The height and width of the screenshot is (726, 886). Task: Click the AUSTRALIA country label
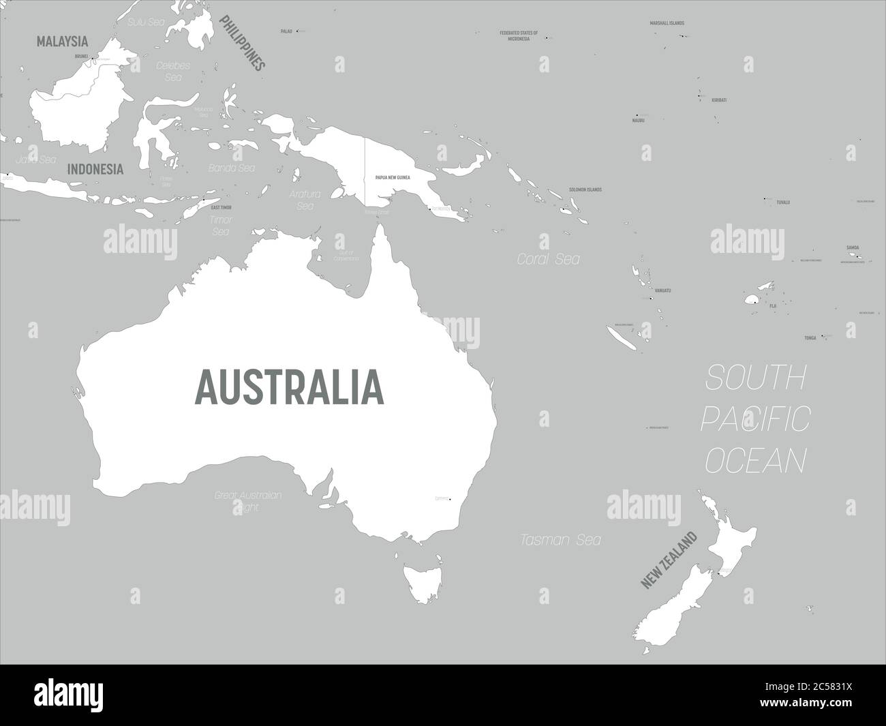pos(290,386)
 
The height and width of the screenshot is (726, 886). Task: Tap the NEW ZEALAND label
pos(669,560)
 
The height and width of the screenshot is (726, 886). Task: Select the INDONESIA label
pos(95,169)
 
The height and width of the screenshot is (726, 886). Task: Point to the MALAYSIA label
pos(63,42)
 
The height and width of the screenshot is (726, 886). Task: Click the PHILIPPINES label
pos(241,44)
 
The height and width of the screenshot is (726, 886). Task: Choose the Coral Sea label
pos(548,259)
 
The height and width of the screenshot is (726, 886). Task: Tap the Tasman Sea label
pos(560,540)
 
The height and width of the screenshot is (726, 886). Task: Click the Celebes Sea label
pos(173,71)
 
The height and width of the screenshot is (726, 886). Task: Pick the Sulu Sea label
pos(147,22)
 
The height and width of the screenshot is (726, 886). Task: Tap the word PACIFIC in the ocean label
pos(755,419)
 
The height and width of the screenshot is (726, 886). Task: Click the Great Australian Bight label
pos(247,501)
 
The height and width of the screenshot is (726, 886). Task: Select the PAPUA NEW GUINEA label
pos(392,177)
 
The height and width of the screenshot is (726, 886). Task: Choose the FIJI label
pos(772,306)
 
